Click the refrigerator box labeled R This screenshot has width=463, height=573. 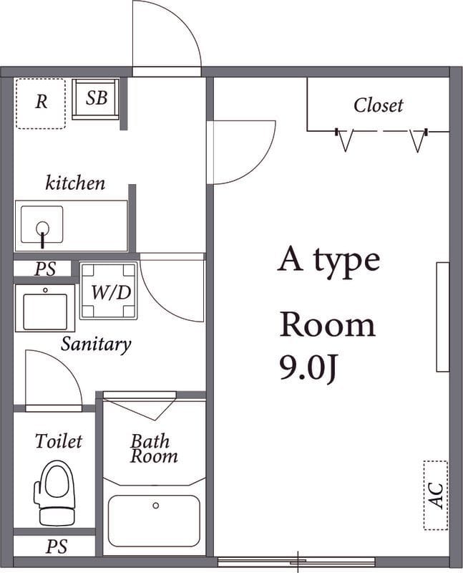click(41, 103)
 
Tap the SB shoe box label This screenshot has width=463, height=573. click(97, 98)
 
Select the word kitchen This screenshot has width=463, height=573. click(75, 183)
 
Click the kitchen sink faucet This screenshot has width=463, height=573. click(43, 234)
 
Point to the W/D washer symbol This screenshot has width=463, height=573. click(109, 291)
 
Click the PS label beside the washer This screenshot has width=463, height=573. click(46, 269)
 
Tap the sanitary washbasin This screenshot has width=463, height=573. click(45, 309)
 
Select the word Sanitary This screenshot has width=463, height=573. click(96, 345)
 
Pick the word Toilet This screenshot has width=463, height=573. click(59, 441)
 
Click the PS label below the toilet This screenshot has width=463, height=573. click(57, 546)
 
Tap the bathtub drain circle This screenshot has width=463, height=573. click(156, 506)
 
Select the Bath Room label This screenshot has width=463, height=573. click(153, 449)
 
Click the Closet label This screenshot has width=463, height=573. click(379, 105)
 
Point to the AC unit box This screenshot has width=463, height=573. click(436, 495)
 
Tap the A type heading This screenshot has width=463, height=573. click(328, 260)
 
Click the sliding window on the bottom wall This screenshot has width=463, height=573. click(296, 562)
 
